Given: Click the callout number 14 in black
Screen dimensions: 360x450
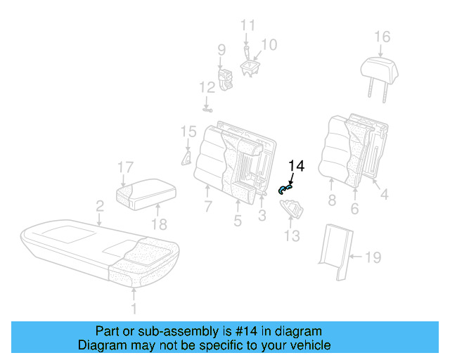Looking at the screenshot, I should pyautogui.click(x=297, y=167).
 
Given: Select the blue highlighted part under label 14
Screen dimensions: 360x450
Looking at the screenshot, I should pyautogui.click(x=285, y=187).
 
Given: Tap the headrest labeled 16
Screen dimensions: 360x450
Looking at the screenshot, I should pyautogui.click(x=380, y=69).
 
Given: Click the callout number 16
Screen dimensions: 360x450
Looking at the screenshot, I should pyautogui.click(x=381, y=37).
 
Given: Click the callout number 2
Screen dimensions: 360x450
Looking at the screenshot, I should pyautogui.click(x=100, y=206).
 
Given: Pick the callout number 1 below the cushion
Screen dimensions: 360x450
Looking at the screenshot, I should pyautogui.click(x=134, y=308).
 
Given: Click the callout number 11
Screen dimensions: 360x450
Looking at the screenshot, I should pyautogui.click(x=247, y=26).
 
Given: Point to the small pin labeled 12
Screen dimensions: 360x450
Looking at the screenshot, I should pyautogui.click(x=207, y=109).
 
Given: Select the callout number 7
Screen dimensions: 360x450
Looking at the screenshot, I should pyautogui.click(x=207, y=207).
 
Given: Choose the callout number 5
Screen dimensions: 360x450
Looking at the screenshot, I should pyautogui.click(x=238, y=221).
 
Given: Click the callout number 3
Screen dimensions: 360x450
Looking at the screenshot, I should pyautogui.click(x=262, y=217).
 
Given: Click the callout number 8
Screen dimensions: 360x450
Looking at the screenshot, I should pyautogui.click(x=331, y=200).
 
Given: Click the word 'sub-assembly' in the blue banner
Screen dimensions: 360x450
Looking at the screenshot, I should pyautogui.click(x=163, y=331).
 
